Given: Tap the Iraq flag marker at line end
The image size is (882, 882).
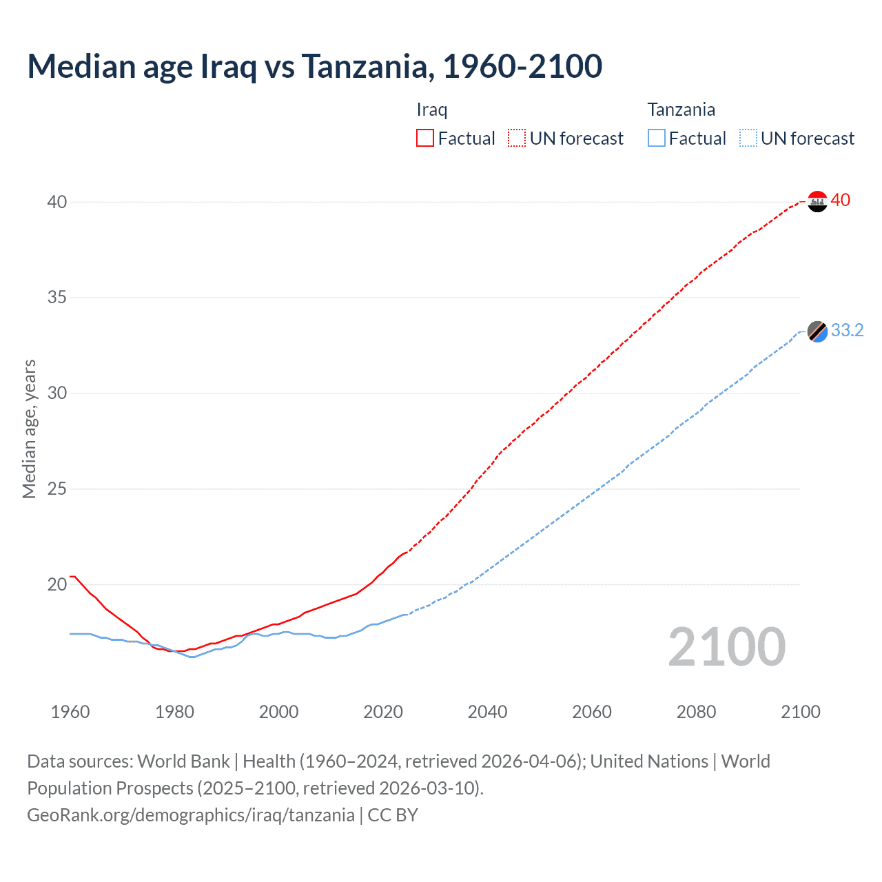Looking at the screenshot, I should tap(817, 201).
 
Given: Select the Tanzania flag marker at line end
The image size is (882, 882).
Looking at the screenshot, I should tap(817, 331).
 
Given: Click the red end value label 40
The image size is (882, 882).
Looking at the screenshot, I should tap(840, 201).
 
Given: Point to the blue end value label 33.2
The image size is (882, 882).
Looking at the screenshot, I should tap(847, 331).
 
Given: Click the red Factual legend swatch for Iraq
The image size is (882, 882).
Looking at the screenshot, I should tap(425, 139).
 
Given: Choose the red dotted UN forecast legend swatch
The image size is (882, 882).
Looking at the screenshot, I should tap(517, 139).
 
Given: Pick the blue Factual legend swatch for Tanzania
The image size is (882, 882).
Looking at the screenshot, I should tap(656, 139).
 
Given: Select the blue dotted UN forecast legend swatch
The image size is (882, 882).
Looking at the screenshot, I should tap(748, 139).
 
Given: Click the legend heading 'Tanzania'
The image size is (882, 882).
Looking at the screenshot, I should tap(681, 110).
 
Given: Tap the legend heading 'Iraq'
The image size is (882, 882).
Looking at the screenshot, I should tap(432, 110).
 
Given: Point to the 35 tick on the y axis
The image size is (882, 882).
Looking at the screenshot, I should tap(57, 298).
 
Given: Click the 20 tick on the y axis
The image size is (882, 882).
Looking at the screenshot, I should tap(57, 584).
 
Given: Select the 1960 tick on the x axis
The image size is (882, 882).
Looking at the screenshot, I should tap(70, 712).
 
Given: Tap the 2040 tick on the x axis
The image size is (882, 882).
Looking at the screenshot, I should tap(487, 712).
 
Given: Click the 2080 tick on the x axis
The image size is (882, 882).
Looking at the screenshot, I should tap(696, 712).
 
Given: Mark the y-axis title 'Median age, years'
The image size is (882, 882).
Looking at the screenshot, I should tap(29, 429).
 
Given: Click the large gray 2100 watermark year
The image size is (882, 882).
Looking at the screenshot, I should tap(726, 646).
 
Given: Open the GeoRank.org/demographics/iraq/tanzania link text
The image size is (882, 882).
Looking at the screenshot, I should tap(191, 815).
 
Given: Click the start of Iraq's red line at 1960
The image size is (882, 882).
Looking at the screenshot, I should tap(71, 576).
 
